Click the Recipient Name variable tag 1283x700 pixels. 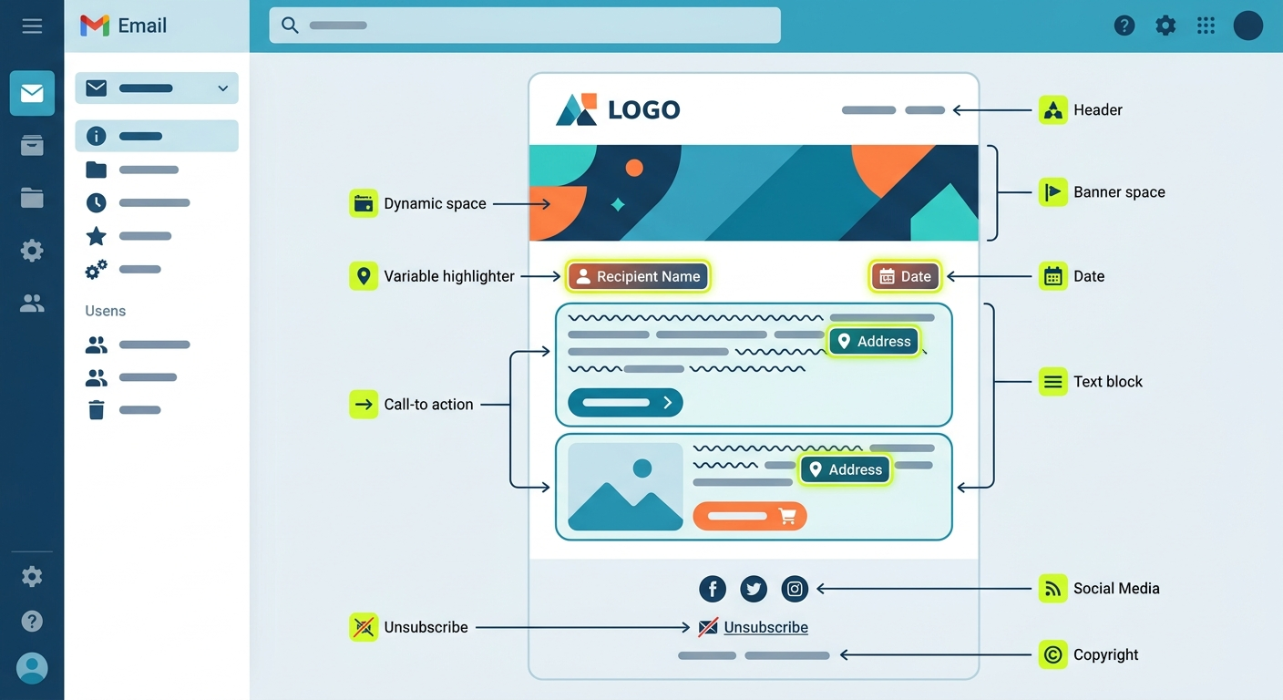click(638, 276)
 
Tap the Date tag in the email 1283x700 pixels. click(905, 276)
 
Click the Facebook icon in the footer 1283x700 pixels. click(713, 588)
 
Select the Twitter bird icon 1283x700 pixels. click(754, 588)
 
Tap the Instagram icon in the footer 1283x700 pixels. click(795, 588)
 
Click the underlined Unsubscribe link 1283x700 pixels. click(765, 627)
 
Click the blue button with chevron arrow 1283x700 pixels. click(625, 402)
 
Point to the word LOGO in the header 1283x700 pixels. click(644, 109)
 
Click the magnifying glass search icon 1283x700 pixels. click(290, 26)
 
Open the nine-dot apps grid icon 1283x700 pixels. click(1206, 26)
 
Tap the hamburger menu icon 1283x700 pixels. click(32, 26)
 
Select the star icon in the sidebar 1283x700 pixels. click(97, 236)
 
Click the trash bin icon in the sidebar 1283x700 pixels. click(97, 409)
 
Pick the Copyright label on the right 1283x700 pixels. click(1105, 654)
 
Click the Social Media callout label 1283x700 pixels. click(1116, 588)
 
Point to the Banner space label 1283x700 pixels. click(1119, 192)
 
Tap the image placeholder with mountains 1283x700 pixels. click(625, 487)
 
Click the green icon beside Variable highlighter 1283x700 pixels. click(364, 276)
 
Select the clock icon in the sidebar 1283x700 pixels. click(97, 202)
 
